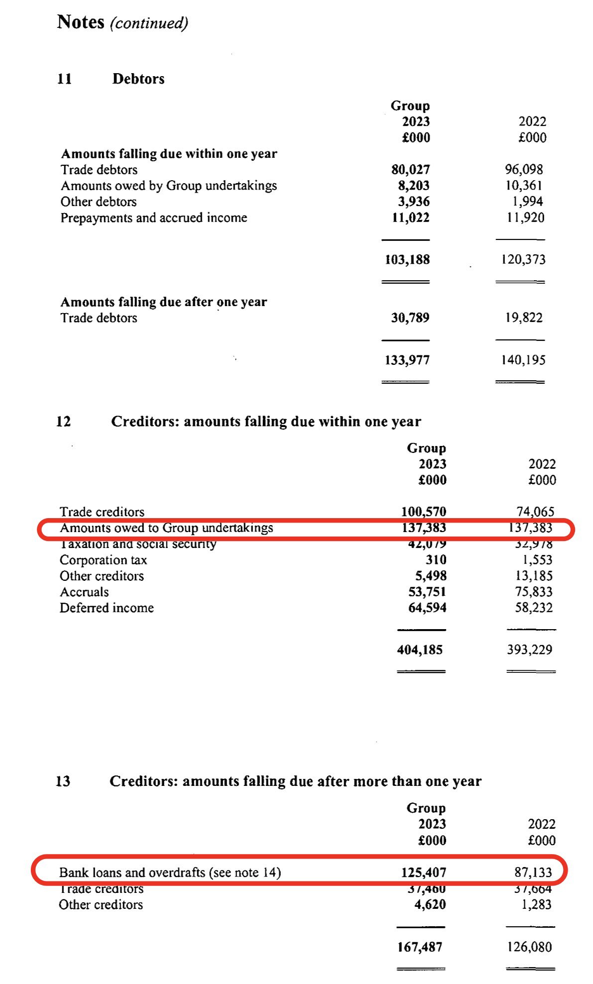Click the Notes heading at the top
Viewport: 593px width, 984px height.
tap(81, 22)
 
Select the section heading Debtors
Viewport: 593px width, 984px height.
tap(138, 79)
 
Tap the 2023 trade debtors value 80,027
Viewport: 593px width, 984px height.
tap(410, 170)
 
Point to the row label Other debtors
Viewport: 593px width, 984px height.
tap(99, 202)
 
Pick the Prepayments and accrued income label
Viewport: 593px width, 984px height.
tap(154, 218)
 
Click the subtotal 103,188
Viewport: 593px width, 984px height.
tap(407, 259)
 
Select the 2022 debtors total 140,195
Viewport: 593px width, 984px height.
tap(523, 360)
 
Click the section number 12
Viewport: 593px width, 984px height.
tap(63, 422)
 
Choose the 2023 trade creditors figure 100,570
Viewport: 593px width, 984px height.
tap(424, 512)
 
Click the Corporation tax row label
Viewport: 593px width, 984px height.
tap(103, 560)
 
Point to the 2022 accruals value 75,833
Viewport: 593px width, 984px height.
tap(533, 592)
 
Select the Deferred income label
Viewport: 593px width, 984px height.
tap(107, 608)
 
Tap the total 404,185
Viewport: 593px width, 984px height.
tap(420, 650)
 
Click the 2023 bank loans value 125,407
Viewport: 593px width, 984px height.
tap(424, 873)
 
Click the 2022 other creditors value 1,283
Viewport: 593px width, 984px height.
tap(536, 904)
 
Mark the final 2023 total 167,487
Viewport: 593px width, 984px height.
tap(420, 947)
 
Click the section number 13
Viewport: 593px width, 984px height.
tap(63, 781)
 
